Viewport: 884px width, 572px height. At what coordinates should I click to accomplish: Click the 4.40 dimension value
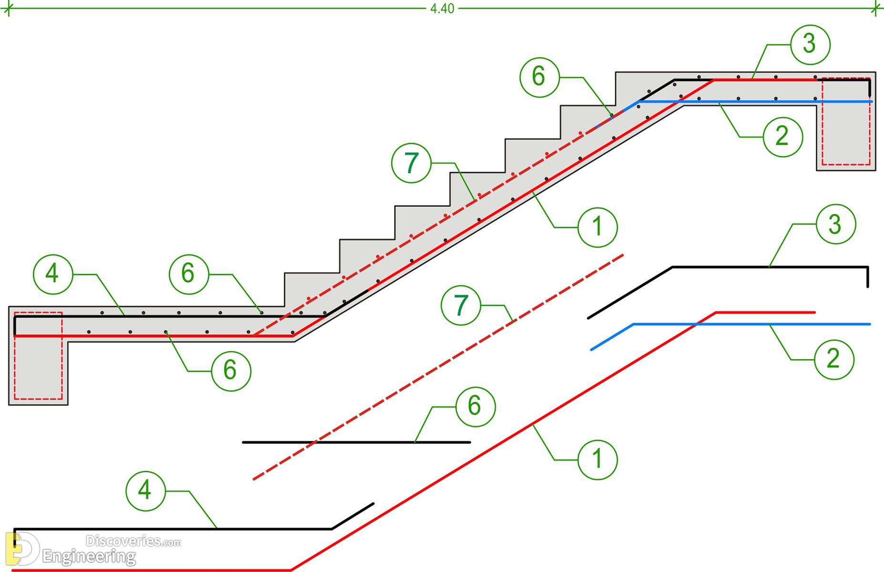point(442,9)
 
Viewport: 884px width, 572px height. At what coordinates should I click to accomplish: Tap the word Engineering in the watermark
point(89,556)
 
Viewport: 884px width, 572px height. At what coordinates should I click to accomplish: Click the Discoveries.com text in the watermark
point(133,541)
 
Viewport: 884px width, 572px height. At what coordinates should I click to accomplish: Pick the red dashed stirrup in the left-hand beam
point(38,356)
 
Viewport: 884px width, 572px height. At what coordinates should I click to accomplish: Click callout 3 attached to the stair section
point(810,44)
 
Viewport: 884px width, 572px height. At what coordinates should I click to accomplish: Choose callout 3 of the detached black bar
point(835,225)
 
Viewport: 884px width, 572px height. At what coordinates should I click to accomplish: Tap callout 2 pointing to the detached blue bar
point(833,359)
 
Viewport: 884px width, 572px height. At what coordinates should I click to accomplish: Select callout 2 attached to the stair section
point(782,136)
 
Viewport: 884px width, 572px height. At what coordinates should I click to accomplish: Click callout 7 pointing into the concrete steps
point(411,163)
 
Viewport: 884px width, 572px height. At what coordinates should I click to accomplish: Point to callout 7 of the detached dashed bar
point(461,305)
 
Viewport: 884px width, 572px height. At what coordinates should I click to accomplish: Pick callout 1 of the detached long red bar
point(597,460)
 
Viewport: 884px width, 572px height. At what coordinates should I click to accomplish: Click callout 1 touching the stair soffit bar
point(597,227)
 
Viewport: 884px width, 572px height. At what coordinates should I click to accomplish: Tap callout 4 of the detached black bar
point(145,490)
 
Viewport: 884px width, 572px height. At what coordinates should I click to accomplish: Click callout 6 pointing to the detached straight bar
point(475,407)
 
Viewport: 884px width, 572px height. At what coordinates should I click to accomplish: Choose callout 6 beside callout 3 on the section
point(539,77)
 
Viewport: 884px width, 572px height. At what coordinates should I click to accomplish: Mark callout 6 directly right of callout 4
point(189,274)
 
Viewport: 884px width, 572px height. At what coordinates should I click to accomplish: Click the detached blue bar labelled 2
point(730,324)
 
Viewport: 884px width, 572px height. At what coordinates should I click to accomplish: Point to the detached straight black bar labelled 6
point(356,442)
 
